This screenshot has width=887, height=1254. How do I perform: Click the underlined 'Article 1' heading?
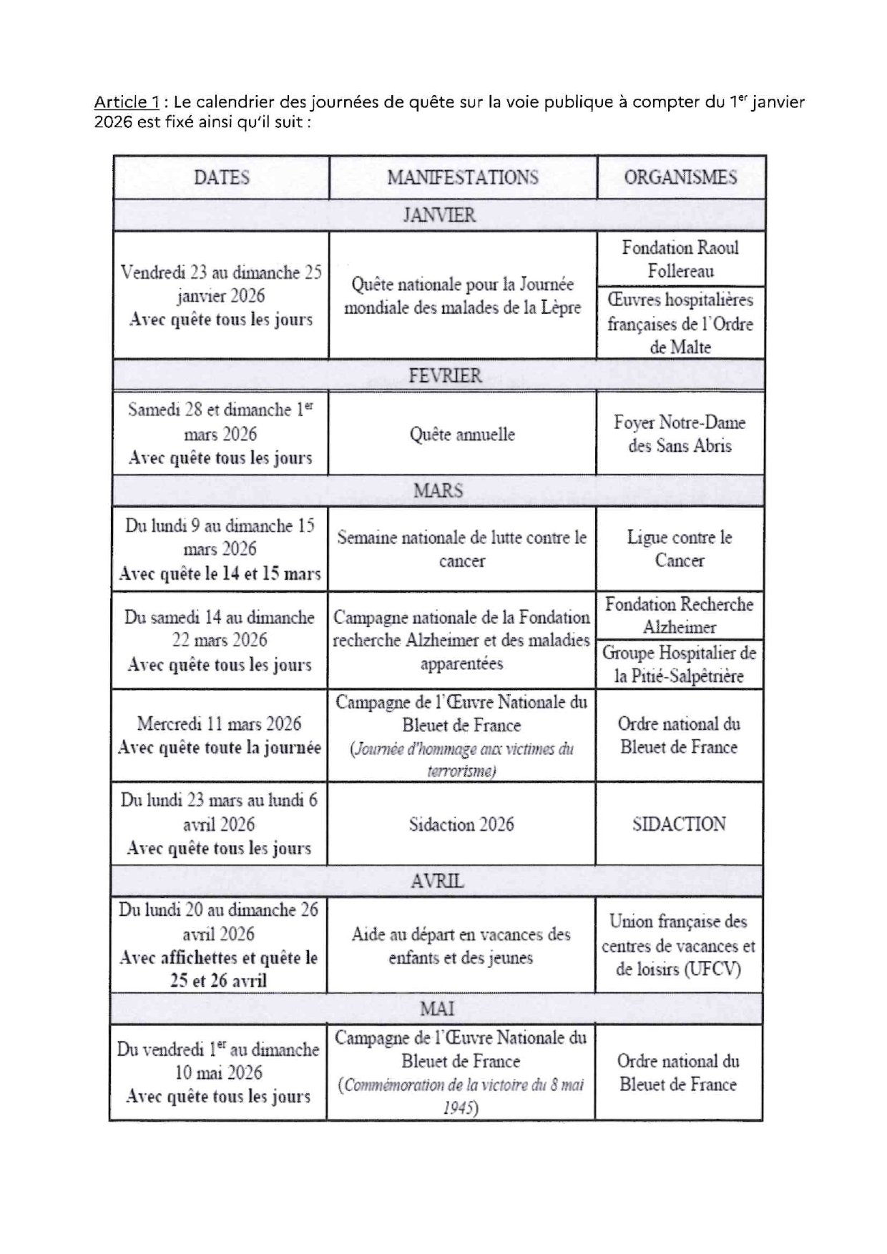(x=126, y=102)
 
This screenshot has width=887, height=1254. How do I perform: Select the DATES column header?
(x=221, y=177)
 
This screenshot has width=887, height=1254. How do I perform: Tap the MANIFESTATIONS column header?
(x=462, y=177)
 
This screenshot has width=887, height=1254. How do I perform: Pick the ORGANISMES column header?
(x=680, y=177)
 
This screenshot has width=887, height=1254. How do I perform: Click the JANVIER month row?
(x=438, y=215)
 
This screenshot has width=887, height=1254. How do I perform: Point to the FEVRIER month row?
(x=444, y=375)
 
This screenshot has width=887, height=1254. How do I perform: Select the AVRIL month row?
(x=437, y=881)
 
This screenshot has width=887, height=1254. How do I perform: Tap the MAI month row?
(x=436, y=1009)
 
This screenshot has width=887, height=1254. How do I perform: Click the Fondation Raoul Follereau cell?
(x=680, y=259)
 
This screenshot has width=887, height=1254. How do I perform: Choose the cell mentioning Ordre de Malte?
(x=680, y=323)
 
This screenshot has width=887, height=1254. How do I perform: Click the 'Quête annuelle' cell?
(x=462, y=434)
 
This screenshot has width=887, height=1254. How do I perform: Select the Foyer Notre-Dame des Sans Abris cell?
(x=680, y=434)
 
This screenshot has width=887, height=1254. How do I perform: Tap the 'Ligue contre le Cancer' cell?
(x=680, y=549)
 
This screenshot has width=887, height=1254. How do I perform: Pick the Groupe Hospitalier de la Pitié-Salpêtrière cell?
(x=679, y=664)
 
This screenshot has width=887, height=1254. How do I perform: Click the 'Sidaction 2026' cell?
(x=461, y=824)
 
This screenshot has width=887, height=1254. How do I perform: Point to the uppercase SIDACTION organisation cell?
(x=679, y=824)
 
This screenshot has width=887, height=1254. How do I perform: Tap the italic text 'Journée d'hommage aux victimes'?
(x=461, y=749)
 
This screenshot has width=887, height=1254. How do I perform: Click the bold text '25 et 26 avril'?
(x=218, y=980)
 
